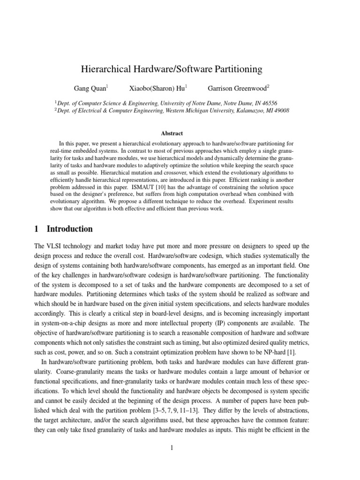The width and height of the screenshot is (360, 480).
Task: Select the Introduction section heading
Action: coord(69,229)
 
